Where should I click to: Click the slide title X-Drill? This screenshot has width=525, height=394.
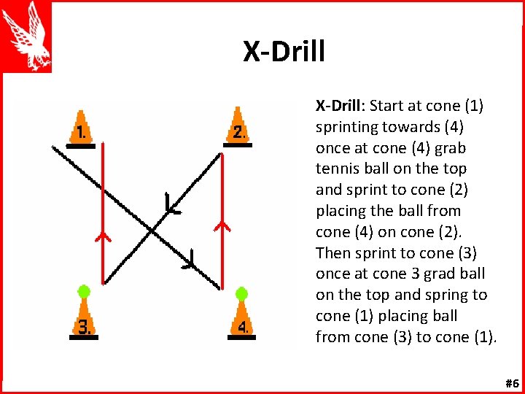[x=284, y=52]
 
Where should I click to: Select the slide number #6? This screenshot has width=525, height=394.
[x=511, y=383]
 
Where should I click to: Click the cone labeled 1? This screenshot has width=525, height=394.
[x=80, y=128]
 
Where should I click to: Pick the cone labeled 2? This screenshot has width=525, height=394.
[x=238, y=128]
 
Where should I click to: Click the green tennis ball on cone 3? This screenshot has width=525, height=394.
[x=84, y=291]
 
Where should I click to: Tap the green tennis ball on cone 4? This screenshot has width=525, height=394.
[x=241, y=293]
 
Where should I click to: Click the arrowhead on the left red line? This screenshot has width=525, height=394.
[x=102, y=236]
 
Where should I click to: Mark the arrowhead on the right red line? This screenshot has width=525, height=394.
[x=222, y=225]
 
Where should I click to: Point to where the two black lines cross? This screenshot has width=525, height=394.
[x=152, y=231]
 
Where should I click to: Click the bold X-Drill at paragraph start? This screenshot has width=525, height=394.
[x=339, y=106]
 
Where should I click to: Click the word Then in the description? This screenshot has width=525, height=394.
[x=333, y=253]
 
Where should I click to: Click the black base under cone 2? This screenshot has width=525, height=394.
[x=238, y=145]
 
